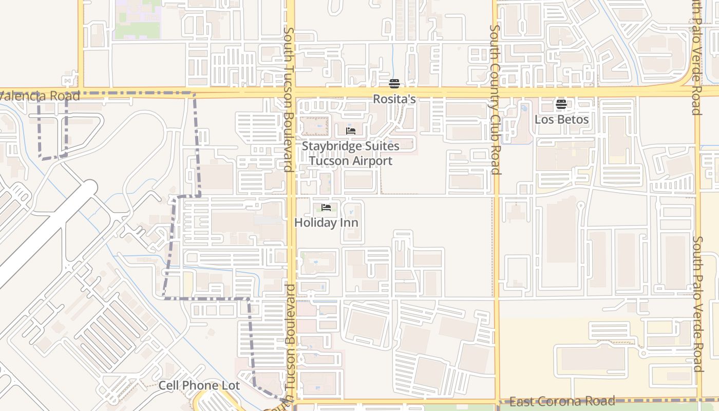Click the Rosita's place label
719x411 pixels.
tap(394, 99)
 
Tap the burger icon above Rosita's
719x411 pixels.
tap(394, 84)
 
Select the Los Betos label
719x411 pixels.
tap(561, 120)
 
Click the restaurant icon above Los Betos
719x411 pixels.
tap(561, 104)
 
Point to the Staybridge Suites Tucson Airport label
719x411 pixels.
tap(350, 153)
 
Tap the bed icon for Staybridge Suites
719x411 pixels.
tap(351, 131)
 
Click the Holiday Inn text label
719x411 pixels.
tap(326, 222)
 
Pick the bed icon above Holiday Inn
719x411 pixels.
tap(326, 208)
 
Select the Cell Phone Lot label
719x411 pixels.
tap(199, 385)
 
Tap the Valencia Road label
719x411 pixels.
tap(40, 96)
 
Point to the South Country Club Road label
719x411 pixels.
tap(495, 100)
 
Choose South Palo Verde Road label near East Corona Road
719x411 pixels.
tap(697, 303)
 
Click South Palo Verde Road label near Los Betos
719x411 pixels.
tap(696, 57)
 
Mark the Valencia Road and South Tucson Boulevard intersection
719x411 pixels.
tap(290, 93)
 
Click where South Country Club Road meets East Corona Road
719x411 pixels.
tap(497, 401)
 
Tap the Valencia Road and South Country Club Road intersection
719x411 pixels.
tap(496, 93)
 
